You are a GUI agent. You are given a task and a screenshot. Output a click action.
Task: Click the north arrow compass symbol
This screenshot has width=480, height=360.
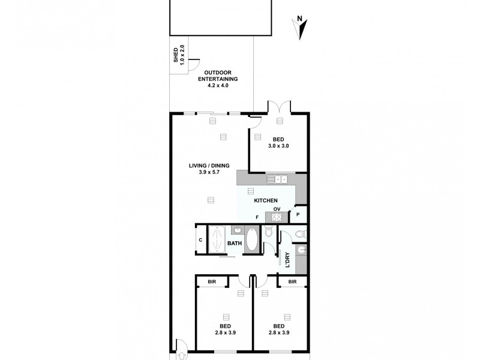pyautogui.click(x=303, y=28)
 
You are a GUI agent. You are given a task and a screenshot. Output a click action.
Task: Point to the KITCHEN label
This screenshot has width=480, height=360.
pyautogui.click(x=265, y=200)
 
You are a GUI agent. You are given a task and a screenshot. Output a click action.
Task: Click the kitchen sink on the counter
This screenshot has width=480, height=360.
pyautogui.click(x=277, y=178)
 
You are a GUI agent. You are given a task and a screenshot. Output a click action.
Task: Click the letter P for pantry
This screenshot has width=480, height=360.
pyautogui.click(x=299, y=214)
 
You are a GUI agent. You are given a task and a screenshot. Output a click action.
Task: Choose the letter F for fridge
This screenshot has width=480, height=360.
pyautogui.click(x=256, y=217)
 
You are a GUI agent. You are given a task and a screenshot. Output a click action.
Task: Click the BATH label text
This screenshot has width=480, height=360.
pyautogui.click(x=234, y=243)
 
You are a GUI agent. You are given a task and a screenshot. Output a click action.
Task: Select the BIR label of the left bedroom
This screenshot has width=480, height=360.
pyautogui.click(x=212, y=281)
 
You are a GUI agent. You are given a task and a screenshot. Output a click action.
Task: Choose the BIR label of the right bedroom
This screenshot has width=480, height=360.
pyautogui.click(x=292, y=281)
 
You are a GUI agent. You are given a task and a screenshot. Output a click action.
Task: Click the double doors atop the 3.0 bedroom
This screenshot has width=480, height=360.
pyautogui.click(x=279, y=106)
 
